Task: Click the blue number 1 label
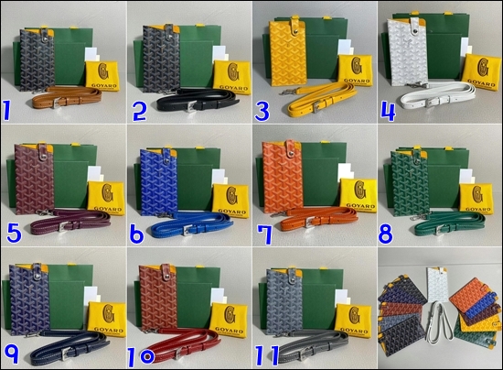pyautogui.click(x=10, y=112)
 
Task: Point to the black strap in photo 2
pyautogui.click(x=183, y=101)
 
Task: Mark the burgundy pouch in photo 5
pyautogui.click(x=35, y=180)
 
